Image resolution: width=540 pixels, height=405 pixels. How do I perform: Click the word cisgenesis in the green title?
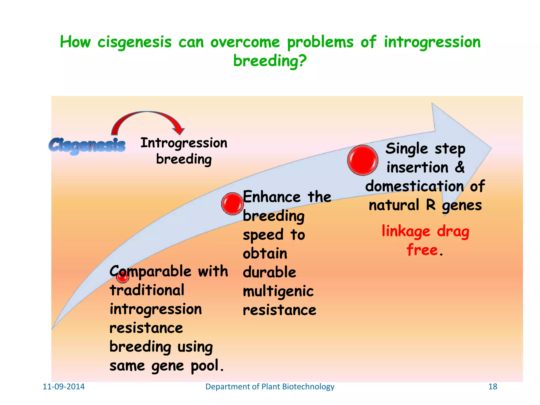coord(134,42)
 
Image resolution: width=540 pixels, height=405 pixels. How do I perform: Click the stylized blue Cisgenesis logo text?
coord(87,145)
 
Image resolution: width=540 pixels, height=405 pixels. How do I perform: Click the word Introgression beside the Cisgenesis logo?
coord(184,143)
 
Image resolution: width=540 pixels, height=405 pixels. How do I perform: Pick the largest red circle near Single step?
coord(363,160)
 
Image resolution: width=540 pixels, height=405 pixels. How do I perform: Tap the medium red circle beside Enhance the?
coord(232,204)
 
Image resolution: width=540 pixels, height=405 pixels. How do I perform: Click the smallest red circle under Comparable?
coord(123,277)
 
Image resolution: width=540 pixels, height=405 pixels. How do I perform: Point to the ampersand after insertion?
coord(460,167)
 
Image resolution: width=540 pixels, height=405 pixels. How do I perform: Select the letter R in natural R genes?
coord(431,205)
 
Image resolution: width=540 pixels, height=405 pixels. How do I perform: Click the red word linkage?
coord(406,232)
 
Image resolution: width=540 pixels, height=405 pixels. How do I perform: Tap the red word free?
coord(422,250)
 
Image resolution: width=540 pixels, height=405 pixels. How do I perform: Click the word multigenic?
coord(278,292)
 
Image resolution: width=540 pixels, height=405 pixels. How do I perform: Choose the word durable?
coord(269,272)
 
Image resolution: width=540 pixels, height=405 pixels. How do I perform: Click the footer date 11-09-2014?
coord(64,387)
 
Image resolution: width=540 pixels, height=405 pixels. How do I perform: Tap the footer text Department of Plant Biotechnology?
coord(270,387)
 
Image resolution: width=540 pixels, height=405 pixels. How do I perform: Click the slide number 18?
coord(493,387)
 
